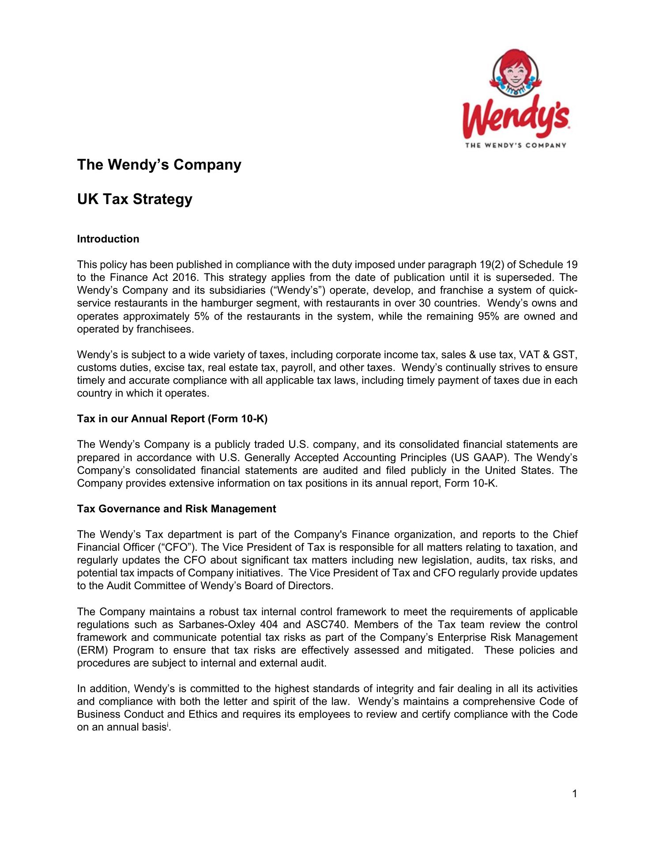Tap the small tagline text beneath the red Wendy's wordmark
point(516,145)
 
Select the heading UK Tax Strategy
point(135,199)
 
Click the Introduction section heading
point(108,239)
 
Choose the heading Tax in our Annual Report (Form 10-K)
point(172,419)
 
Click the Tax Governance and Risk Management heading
point(177,509)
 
